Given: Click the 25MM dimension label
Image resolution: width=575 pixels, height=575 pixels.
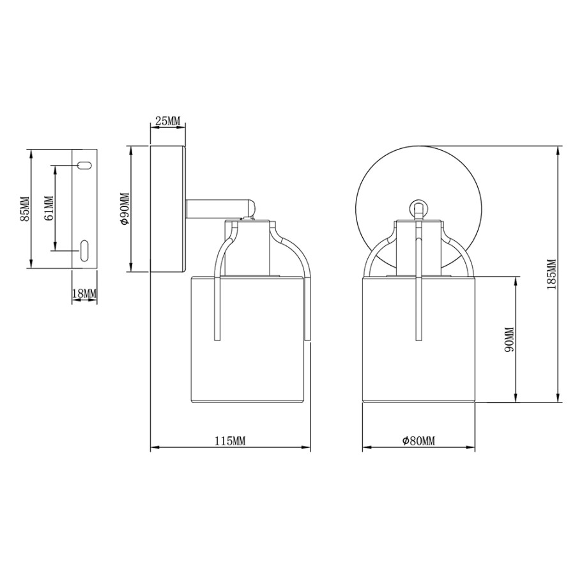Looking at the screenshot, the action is pos(168,121).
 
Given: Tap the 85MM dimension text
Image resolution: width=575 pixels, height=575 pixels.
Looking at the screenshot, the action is pos(25,209).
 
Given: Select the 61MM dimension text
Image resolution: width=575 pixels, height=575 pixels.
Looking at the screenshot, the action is pos(49,208).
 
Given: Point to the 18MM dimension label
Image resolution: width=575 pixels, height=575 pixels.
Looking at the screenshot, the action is pos(84,293).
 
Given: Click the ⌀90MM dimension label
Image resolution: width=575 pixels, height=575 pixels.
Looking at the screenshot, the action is pos(125,209).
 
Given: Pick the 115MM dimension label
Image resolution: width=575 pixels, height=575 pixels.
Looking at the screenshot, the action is pos(230,441).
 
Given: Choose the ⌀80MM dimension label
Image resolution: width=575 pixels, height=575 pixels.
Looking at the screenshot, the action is pos(418,441).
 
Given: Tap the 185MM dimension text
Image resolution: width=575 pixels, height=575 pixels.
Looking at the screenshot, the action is pos(552,274).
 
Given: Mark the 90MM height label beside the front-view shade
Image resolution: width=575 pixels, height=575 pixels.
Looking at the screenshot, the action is pos(510,339).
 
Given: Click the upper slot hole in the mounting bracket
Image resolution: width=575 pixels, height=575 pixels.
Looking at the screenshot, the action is pos(84,165).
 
